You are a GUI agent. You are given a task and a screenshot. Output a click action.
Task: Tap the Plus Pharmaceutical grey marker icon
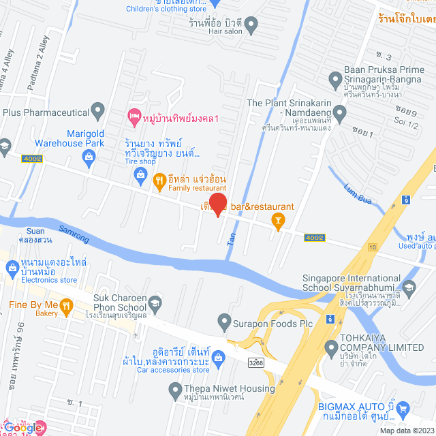tap(99, 110)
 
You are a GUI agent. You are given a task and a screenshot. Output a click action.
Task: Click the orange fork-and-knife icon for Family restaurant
tap(159, 180)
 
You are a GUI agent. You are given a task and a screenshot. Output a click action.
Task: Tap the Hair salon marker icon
tap(251, 27)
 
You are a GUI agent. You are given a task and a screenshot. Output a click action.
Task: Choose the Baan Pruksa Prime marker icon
tap(334, 80)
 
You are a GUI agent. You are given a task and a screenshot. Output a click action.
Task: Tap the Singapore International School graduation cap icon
tap(409, 287)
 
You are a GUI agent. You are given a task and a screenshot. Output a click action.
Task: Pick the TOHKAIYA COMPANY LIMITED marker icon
tap(332, 348)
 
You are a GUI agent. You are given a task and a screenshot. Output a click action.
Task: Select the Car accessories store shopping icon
tap(219, 357)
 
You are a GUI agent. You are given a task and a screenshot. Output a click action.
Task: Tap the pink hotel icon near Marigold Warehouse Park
tap(134, 118)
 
